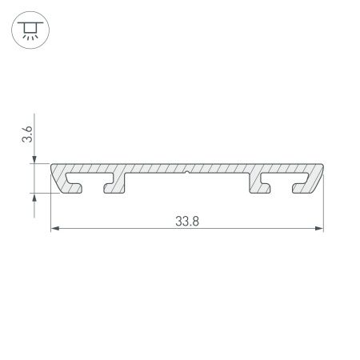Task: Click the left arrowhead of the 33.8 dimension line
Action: pyautogui.click(x=56, y=230)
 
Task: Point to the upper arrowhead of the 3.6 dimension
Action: pyautogui.click(x=34, y=159)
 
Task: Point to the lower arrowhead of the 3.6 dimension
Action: pyautogui.click(x=34, y=198)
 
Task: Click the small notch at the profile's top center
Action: pyautogui.click(x=186, y=171)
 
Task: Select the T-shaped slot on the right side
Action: pyautogui.click(x=284, y=180)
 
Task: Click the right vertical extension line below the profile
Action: pyautogui.click(x=323, y=212)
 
